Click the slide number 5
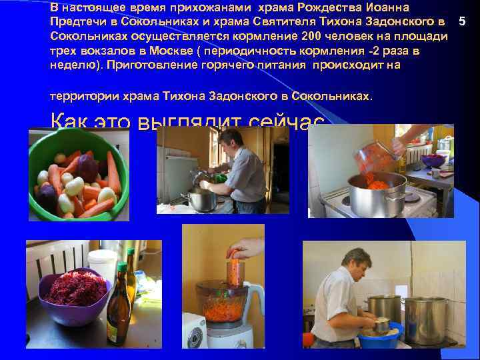[462, 23]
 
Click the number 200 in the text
[313, 37]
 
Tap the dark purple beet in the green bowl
[88, 166]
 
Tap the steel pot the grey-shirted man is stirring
[201, 199]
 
